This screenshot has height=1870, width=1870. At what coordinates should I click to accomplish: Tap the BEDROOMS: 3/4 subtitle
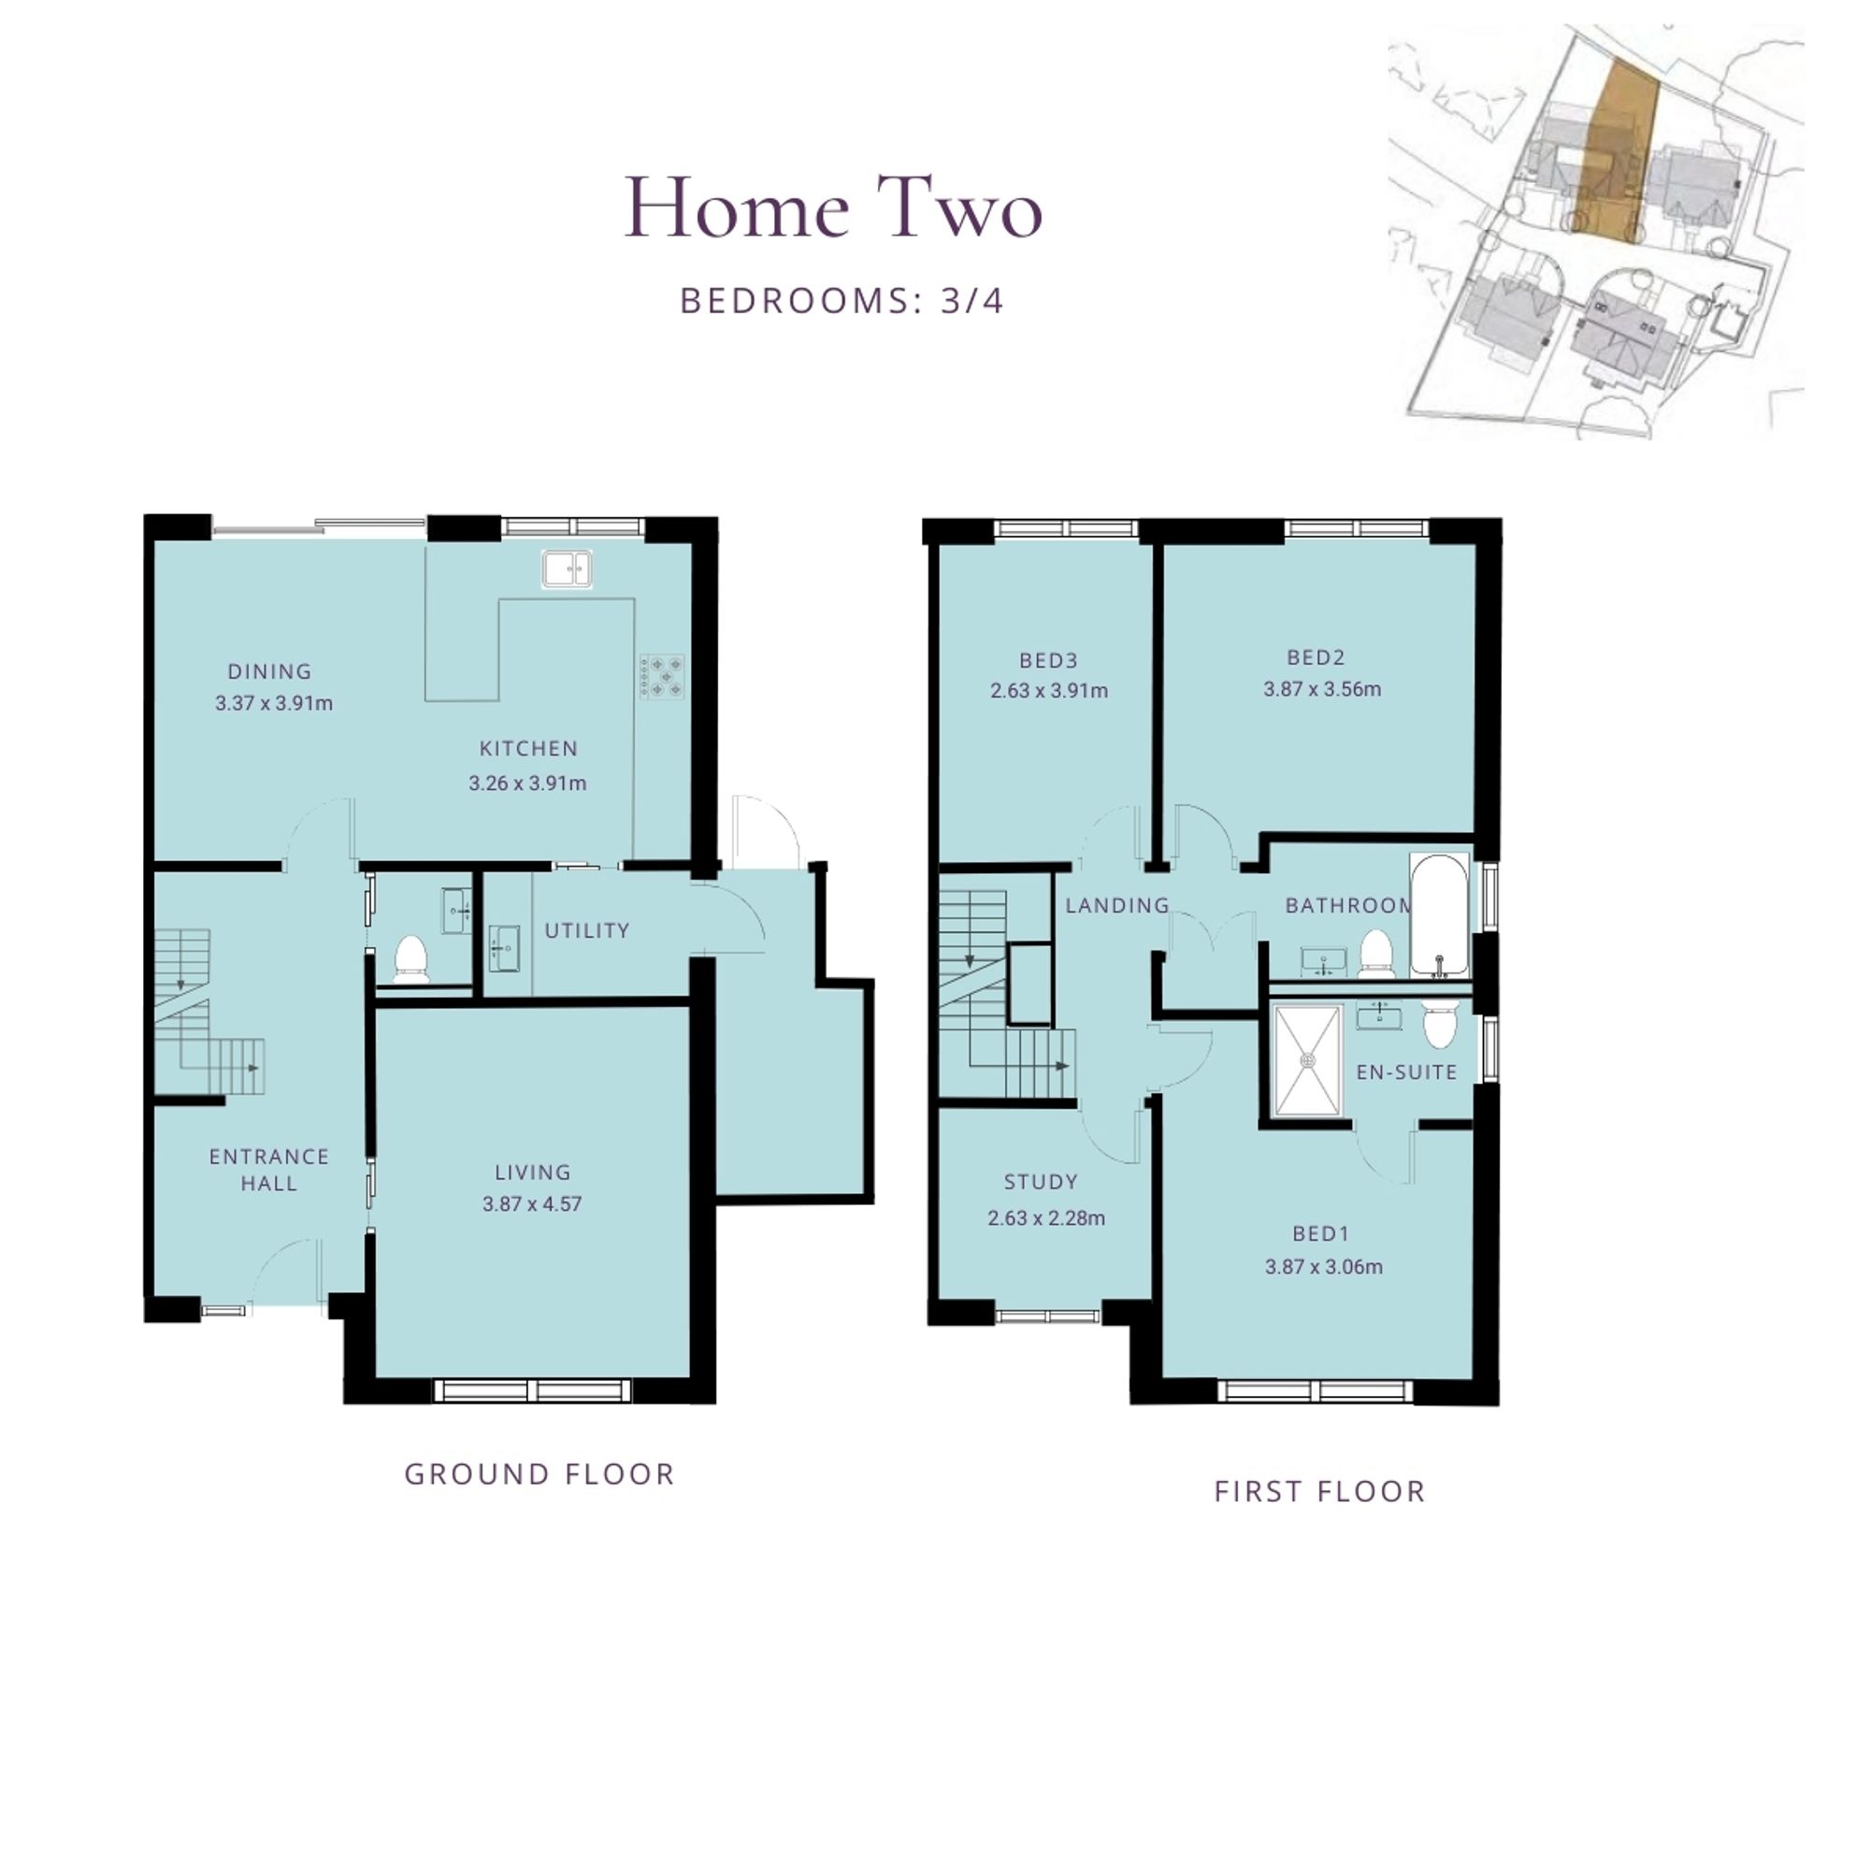coord(842,301)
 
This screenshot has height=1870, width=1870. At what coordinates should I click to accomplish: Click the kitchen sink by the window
coord(568,568)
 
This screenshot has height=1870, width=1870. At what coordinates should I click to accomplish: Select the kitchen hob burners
coord(662,677)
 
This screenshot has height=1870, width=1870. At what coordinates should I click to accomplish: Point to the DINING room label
coord(270,670)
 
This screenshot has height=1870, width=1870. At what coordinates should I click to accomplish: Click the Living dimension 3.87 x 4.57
coord(532,1204)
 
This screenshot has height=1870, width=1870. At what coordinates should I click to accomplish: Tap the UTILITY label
coord(587,930)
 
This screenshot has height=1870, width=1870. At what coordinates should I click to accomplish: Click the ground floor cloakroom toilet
coord(411,958)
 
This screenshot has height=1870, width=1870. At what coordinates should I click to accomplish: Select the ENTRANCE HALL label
coord(269,1170)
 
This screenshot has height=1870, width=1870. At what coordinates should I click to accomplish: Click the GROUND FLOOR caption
coord(539,1474)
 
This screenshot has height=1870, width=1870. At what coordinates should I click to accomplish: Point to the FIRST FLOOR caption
coord(1320,1491)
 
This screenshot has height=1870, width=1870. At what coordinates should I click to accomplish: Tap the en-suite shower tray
coord(1309,1061)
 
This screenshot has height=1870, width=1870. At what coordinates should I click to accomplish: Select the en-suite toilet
coord(1440,1024)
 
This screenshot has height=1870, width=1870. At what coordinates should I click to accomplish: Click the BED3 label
coord(1048,660)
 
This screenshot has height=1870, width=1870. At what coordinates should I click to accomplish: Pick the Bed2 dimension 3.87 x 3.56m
coord(1322,689)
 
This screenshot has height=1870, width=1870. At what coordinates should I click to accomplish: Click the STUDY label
coord(1041,1182)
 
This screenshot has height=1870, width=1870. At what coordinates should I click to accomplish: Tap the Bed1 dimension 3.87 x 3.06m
coord(1323,1266)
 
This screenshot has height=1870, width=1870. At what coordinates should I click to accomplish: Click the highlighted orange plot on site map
coord(1616,155)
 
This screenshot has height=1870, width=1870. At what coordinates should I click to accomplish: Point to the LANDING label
coord(1118,905)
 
